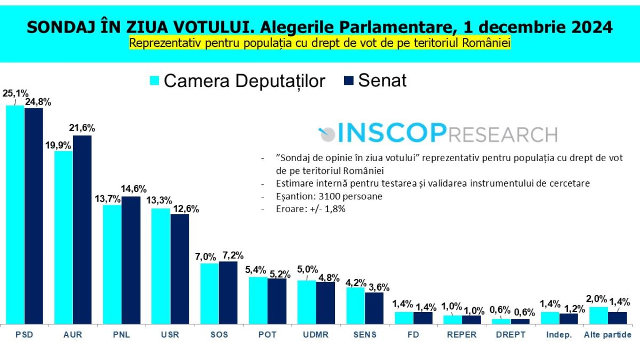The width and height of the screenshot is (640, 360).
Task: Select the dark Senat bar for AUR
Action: coord(82,229)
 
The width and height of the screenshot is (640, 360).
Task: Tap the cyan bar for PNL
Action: coord(112,264)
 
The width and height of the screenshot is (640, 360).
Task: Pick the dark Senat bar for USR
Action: coord(180,269)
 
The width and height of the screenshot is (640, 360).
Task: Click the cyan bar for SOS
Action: coord(209,293)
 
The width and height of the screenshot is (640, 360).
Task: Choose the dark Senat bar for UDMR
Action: coord(325,303)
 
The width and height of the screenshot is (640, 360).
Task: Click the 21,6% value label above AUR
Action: coord(82,128)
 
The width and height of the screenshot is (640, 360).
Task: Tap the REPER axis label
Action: coord(462,335)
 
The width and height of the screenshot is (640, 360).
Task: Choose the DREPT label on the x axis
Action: coord(510,335)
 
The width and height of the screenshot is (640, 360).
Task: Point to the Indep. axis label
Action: coord(559,335)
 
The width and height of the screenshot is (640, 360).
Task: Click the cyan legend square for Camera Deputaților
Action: coord(154,81)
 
